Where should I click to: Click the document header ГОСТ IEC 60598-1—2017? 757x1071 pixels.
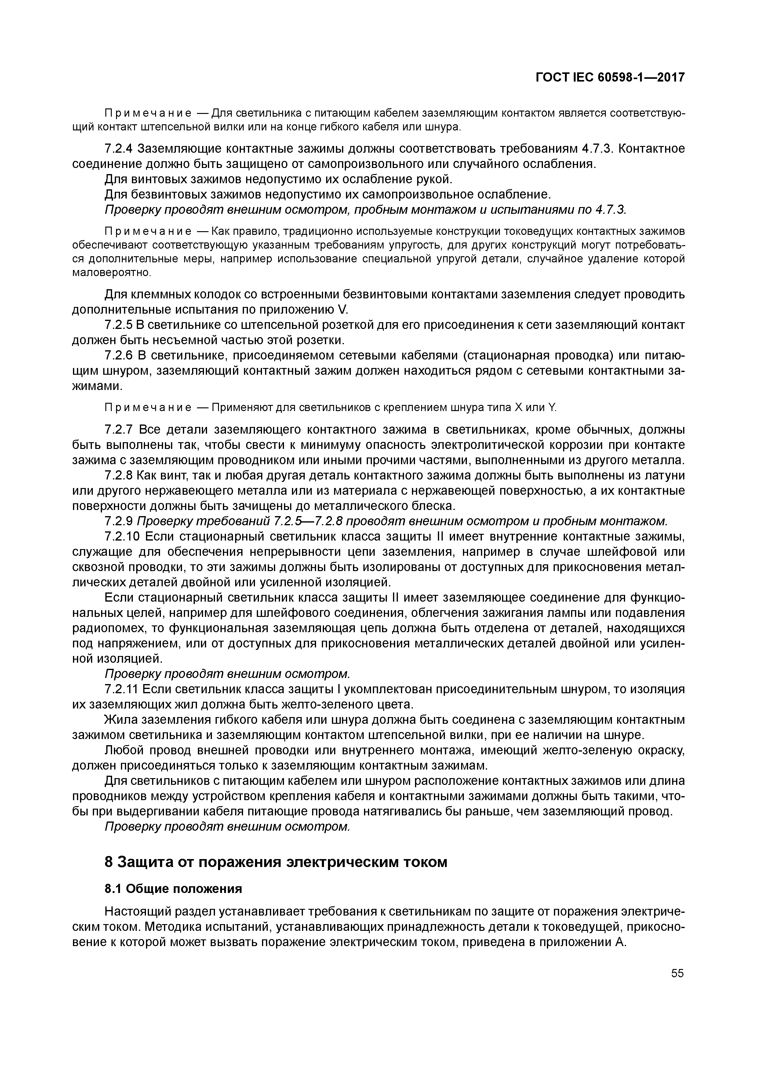pyautogui.click(x=610, y=78)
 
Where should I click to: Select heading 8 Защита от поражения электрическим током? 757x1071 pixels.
pyautogui.click(x=276, y=862)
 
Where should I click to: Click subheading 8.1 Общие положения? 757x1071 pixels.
pyautogui.click(x=173, y=889)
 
